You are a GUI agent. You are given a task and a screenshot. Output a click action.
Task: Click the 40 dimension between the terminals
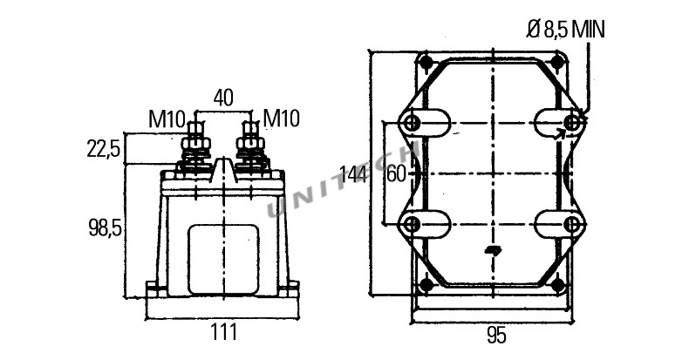coord(223,98)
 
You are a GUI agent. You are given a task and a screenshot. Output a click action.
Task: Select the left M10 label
coord(167,119)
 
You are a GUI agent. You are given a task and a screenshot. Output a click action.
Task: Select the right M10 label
coord(281,119)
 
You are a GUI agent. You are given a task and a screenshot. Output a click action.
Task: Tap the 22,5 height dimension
coord(104,149)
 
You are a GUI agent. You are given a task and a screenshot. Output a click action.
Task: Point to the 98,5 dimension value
coord(105,228)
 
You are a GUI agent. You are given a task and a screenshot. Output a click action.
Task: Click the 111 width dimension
coord(223,331)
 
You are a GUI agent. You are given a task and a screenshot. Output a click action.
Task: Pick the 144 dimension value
coord(354,174)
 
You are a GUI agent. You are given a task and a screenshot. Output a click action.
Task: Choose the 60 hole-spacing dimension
coord(395,174)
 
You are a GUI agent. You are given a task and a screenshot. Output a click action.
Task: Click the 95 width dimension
coord(496,336)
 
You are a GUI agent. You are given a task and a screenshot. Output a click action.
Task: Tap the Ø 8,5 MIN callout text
coord(565,30)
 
